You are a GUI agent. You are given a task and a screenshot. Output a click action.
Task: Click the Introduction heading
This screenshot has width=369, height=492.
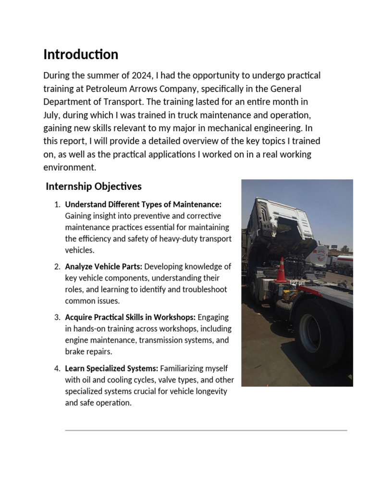tap(81, 55)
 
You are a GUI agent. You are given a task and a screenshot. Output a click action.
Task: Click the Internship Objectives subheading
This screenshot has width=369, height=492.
tap(94, 186)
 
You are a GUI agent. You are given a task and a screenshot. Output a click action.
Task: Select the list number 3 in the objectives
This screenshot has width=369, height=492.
tap(57, 318)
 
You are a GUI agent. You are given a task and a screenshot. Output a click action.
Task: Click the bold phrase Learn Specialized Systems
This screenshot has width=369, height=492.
tap(111, 369)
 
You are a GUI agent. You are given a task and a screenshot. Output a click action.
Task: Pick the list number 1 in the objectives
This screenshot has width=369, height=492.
tap(57, 205)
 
